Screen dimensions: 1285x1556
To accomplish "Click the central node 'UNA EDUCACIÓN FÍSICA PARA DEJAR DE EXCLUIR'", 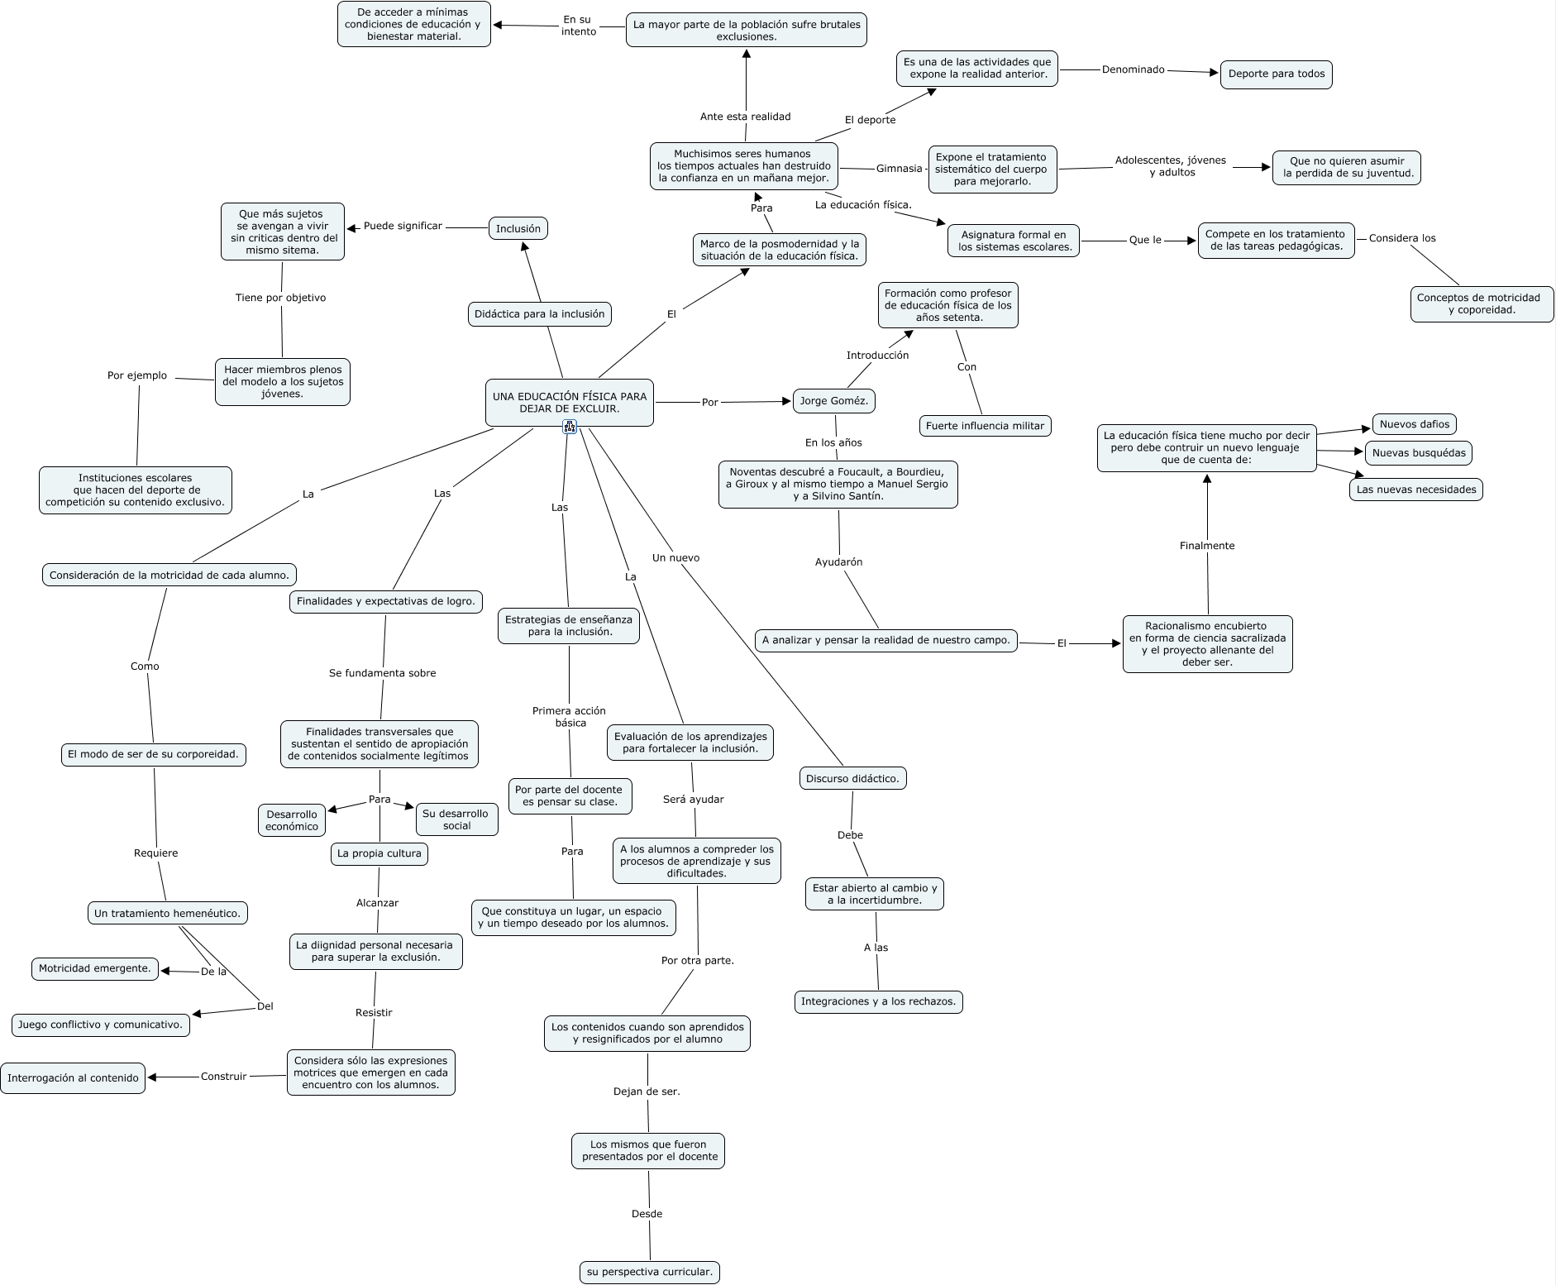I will tap(569, 403).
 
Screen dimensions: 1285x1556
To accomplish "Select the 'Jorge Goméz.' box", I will tap(834, 401).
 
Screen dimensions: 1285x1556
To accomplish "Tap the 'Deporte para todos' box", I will tap(1276, 74).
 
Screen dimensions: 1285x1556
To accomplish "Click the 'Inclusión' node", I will tap(518, 229).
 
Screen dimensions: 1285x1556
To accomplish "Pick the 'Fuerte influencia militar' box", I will tap(985, 426).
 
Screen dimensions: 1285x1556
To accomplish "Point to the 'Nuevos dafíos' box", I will tap(1414, 424).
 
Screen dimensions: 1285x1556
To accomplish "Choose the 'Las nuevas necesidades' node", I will tap(1415, 490).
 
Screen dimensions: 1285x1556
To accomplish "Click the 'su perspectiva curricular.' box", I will tap(649, 1272).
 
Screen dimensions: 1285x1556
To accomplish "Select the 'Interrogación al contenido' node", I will tap(73, 1078).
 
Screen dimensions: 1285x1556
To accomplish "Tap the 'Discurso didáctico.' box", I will tap(852, 778).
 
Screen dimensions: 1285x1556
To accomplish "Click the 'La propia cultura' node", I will tap(379, 853).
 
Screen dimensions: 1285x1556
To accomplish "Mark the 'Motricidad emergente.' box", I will tap(95, 968).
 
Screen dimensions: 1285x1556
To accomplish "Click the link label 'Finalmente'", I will tap(1207, 546).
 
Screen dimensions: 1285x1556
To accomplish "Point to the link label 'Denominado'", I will tap(1133, 69).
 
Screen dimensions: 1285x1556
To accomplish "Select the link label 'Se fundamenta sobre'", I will tap(382, 673).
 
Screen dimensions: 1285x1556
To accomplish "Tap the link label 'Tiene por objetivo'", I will tap(280, 298).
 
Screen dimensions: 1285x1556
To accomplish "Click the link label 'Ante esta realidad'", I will tap(745, 117).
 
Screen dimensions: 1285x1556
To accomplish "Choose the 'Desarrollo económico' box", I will tap(291, 820).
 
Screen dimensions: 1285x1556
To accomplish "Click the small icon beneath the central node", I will tap(570, 427).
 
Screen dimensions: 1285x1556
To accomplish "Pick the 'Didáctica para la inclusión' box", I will tap(539, 314).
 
